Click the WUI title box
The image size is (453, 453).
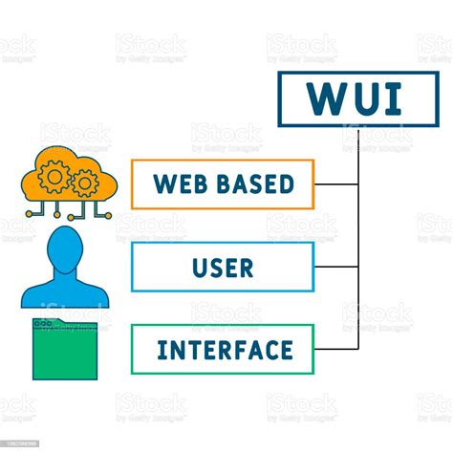[x=358, y=99]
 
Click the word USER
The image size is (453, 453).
[x=222, y=267]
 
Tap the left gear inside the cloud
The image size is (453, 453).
[x=55, y=174]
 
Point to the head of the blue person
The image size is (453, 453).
[x=66, y=248]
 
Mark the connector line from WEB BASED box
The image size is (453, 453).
[x=336, y=184]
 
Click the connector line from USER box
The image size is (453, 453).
[x=336, y=267]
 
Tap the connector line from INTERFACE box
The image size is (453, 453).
[x=336, y=349]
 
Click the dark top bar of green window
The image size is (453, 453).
[x=65, y=323]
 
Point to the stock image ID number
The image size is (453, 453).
[x=20, y=444]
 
